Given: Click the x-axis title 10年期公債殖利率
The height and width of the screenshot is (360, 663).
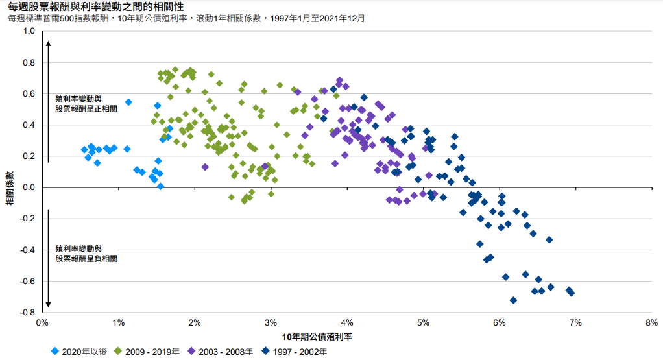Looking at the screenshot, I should pos(317,337).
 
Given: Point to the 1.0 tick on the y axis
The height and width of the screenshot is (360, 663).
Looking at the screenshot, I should pos(29,31).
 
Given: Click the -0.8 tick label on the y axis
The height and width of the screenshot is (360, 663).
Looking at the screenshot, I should pos(27,313).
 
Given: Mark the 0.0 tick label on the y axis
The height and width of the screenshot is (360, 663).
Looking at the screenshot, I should pos(29,187).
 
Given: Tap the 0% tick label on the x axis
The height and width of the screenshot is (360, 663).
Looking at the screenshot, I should pos(43,322).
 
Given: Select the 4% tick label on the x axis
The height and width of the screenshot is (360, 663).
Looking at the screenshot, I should pos(347,322).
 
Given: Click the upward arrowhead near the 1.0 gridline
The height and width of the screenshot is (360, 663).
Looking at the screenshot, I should pos(49,43).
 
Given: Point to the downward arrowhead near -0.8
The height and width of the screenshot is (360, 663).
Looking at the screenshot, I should pos(49,305).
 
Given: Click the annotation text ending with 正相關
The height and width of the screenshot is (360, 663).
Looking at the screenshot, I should pos(86,104).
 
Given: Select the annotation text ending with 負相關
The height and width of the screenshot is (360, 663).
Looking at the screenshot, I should pos(86,254).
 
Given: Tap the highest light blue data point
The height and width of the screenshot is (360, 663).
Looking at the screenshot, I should pos(128,102).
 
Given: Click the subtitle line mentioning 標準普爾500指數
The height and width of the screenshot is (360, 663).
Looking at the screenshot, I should pos(186,18).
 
